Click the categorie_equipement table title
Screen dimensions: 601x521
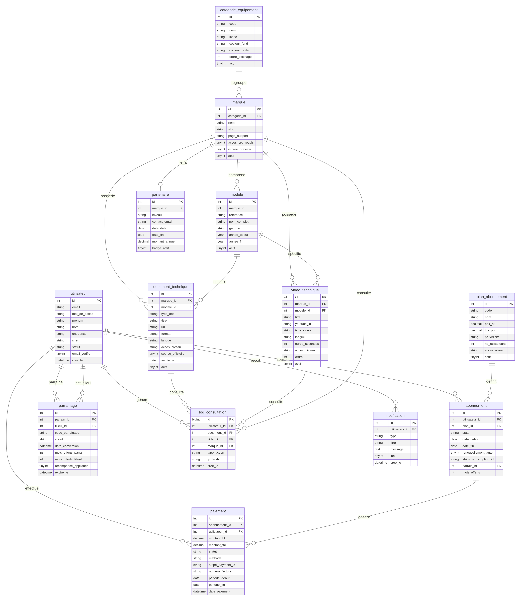pos(239,10)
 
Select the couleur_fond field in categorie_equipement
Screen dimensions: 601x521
pos(238,44)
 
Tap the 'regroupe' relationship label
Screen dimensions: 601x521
pos(239,83)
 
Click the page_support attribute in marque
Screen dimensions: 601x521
pos(238,136)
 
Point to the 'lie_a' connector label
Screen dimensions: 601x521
pos(183,162)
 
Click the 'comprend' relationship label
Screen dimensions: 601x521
pos(237,175)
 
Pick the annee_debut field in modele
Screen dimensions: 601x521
pos(238,235)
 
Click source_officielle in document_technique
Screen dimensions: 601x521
pos(173,354)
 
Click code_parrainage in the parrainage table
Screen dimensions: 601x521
pos(67,433)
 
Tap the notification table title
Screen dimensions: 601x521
pos(395,416)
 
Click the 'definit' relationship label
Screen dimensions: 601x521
pos(491,381)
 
